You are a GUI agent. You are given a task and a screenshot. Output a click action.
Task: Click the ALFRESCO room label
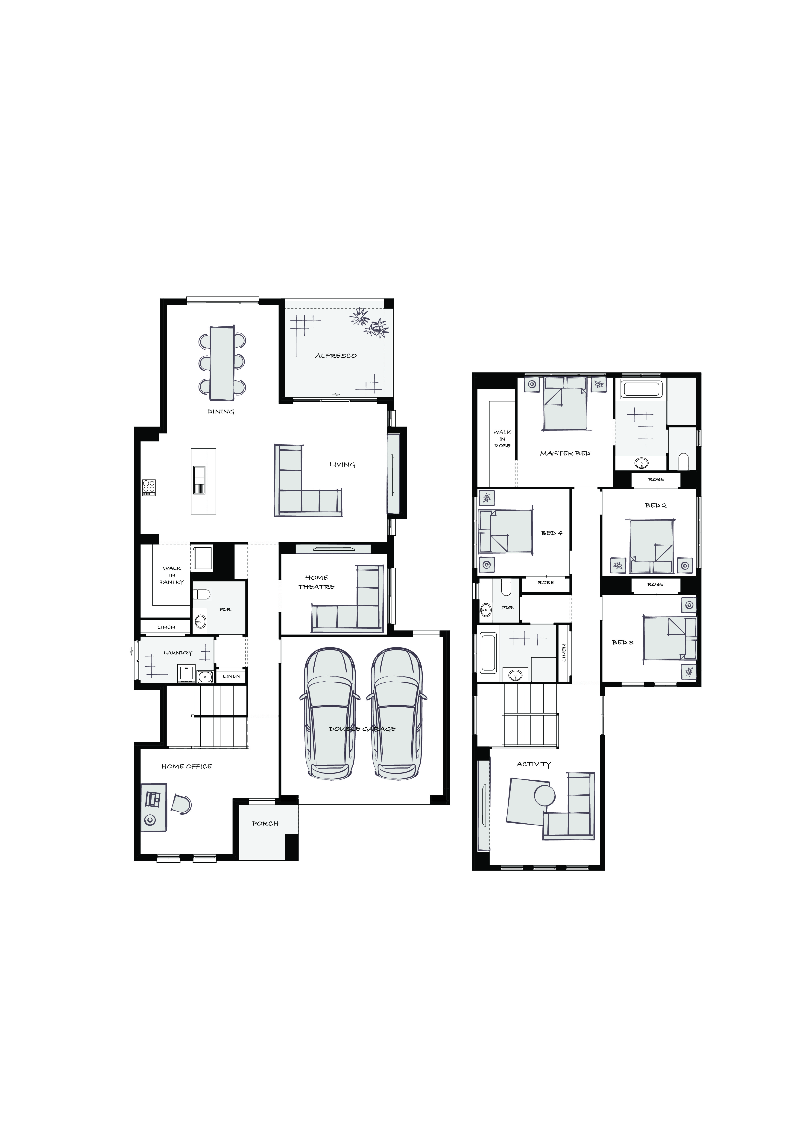[336, 356]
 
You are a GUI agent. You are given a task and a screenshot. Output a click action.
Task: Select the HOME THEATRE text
[316, 582]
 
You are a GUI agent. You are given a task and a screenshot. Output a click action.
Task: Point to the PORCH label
[266, 823]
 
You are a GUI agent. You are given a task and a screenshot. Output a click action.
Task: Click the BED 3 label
[622, 642]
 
